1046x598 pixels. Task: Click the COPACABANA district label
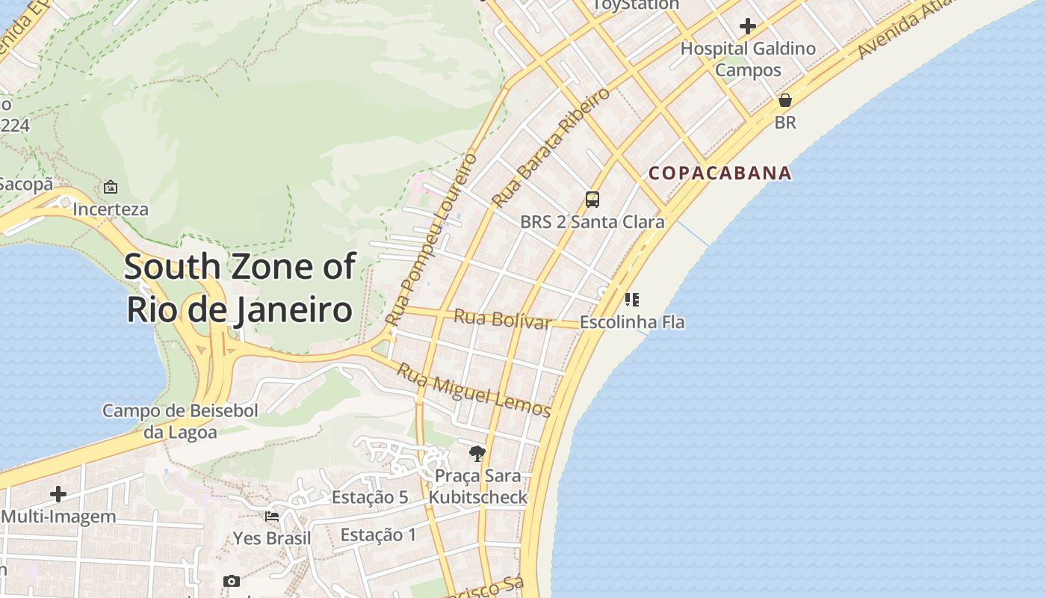tap(719, 173)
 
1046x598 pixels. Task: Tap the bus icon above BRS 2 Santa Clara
tap(592, 200)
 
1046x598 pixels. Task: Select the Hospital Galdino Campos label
tap(748, 60)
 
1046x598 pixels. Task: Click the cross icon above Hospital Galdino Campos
tap(748, 27)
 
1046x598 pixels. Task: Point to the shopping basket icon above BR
tap(785, 100)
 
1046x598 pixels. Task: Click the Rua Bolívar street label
tap(502, 319)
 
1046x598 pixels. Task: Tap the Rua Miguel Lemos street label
tap(474, 390)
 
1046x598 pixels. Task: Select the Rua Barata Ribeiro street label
tap(551, 147)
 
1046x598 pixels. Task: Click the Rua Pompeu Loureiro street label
tap(432, 239)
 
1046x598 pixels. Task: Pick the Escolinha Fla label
tap(632, 323)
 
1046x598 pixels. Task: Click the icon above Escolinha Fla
tap(632, 300)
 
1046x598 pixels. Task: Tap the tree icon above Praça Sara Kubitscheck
tap(477, 453)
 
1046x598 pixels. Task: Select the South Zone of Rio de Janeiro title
tap(240, 288)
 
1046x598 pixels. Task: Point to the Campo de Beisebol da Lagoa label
tap(180, 421)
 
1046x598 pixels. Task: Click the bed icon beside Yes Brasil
tap(272, 516)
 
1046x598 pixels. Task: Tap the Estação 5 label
tap(370, 498)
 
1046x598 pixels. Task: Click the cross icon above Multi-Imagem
tap(58, 494)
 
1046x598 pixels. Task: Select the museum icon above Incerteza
tap(111, 187)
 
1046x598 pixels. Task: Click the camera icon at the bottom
tap(232, 581)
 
